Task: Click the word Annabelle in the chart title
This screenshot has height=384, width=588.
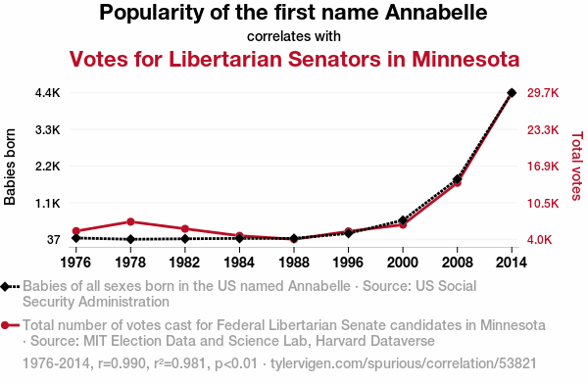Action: tap(436, 13)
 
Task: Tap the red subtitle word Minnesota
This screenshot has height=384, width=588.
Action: tap(465, 59)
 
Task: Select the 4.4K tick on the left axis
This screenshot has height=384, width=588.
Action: tap(48, 93)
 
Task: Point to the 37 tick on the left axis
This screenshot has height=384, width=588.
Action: tap(53, 239)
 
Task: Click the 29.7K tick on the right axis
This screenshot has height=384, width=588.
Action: tap(543, 93)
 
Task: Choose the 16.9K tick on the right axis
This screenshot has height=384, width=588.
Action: tap(543, 167)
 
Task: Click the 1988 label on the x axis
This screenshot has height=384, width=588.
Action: tap(294, 263)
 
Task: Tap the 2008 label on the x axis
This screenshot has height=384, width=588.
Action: tap(457, 263)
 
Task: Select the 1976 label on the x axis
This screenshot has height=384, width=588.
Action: tap(75, 263)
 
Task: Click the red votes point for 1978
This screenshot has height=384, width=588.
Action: tap(130, 221)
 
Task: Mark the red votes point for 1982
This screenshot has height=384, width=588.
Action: tap(185, 229)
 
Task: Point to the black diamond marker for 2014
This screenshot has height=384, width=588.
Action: tap(512, 93)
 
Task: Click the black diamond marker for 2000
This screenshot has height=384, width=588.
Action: tap(403, 220)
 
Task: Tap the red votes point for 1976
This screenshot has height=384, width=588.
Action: tap(76, 231)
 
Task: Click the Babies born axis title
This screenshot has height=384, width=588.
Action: tap(10, 167)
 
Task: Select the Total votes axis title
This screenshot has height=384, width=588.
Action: tap(577, 166)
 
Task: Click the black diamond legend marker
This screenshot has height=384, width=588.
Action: tap(5, 286)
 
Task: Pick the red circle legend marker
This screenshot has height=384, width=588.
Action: tap(5, 325)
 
